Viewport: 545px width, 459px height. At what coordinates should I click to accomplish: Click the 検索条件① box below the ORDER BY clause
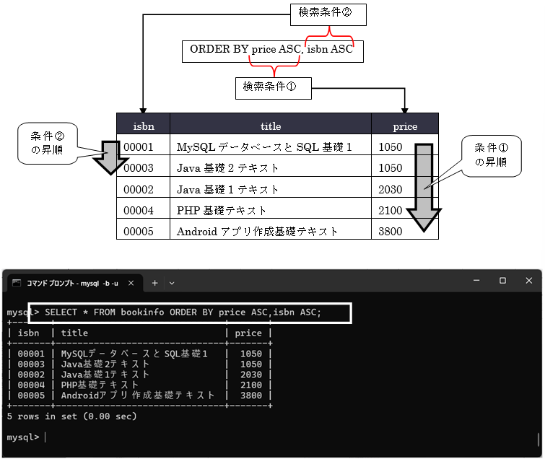click(274, 88)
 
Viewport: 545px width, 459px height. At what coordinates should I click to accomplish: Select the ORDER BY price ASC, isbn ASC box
click(271, 51)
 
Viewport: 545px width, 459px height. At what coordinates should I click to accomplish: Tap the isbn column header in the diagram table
click(143, 126)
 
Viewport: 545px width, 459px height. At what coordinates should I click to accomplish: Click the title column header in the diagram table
click(271, 126)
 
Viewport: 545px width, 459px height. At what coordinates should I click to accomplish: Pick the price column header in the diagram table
click(405, 126)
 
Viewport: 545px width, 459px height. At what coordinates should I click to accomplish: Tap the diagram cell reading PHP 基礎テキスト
click(222, 211)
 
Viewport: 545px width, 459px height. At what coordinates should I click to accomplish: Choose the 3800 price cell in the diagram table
click(390, 232)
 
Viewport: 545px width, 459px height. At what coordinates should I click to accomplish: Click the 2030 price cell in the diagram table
click(390, 189)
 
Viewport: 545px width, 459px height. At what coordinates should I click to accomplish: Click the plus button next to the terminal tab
click(154, 281)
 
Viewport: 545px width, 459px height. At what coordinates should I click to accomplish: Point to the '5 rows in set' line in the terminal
click(71, 416)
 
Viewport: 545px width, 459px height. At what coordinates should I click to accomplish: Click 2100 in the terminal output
click(251, 385)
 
